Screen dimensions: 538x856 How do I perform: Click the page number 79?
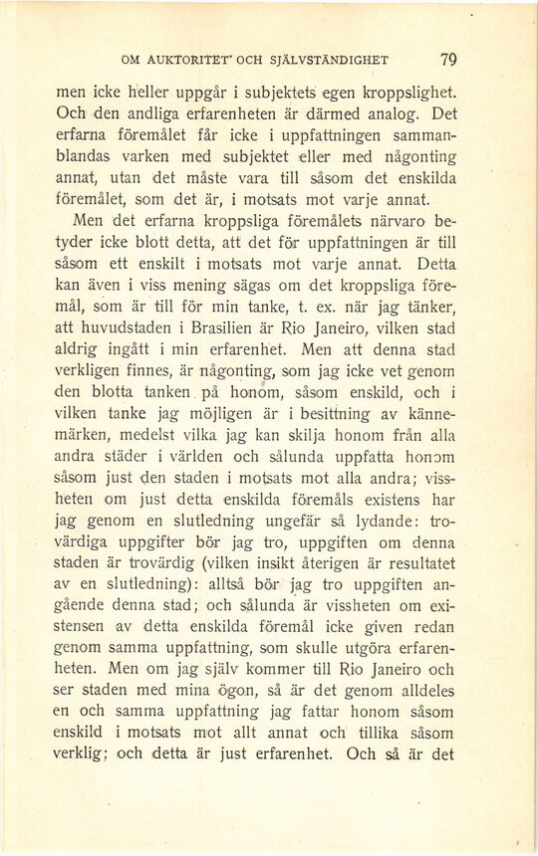447,59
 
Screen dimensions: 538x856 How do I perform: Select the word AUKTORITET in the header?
200,60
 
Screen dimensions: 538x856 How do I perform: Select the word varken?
145,157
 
